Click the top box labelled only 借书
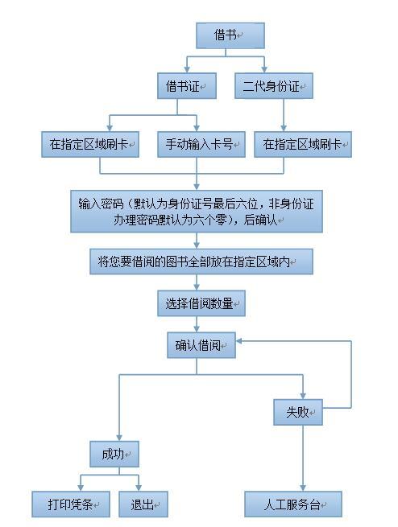pos(230,35)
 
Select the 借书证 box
pos(187,86)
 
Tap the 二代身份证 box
pos(274,86)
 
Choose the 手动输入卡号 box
pos(201,145)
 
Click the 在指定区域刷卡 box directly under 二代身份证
pos(303,145)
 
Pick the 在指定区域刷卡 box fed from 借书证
pos(90,145)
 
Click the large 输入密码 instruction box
pos(197,212)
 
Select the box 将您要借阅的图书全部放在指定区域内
pos(201,261)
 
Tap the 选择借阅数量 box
pos(201,303)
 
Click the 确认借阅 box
pos(201,345)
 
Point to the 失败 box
pos(298,412)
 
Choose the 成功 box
pos(114,454)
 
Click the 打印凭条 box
pos(71,504)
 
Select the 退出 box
pos(143,504)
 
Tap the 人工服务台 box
pos(293,504)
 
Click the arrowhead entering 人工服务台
pos(303,488)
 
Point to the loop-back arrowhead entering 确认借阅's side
pos(239,341)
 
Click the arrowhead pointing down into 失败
pos(303,396)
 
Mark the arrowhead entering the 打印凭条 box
pos(81,488)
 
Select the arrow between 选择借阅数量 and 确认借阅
pos(197,324)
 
